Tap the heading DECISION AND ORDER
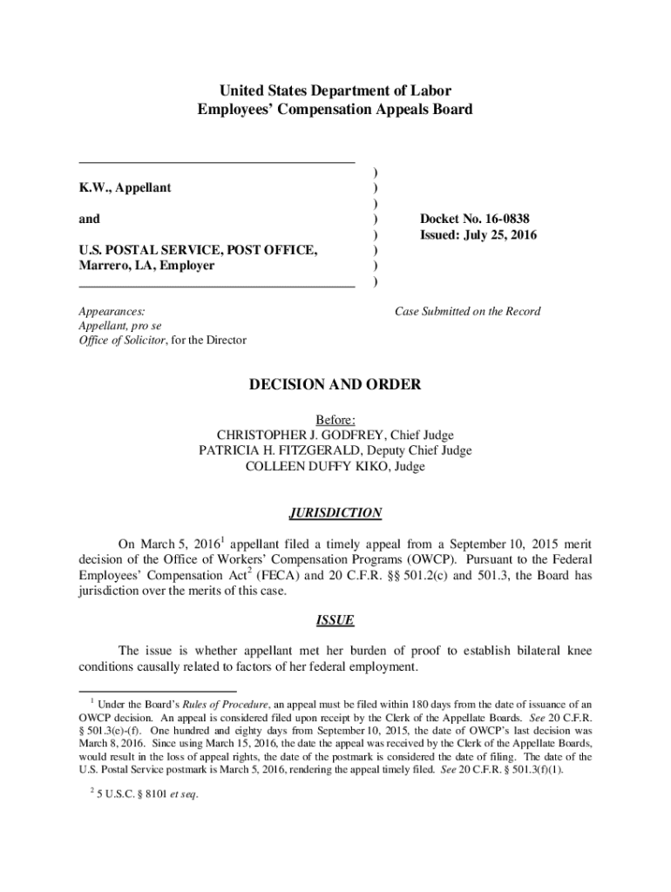335,384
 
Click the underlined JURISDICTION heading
335,513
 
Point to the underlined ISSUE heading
335,621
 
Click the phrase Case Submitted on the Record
467,311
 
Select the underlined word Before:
335,419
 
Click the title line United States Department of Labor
335,91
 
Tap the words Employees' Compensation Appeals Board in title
335,109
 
